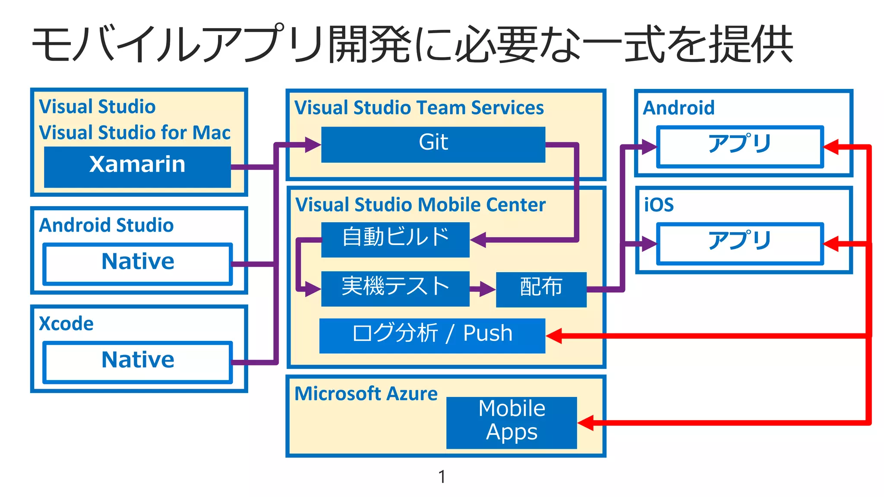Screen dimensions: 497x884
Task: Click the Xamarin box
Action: coord(137,167)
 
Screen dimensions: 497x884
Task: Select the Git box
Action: coord(433,145)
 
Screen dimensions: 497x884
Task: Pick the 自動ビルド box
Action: coord(395,240)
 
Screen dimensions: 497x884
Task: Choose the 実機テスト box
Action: coord(395,289)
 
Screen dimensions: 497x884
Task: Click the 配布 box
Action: coord(541,289)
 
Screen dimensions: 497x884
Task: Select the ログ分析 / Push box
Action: coord(432,336)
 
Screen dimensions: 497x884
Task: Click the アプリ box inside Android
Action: coord(739,147)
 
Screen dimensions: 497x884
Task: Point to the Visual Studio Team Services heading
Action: coord(419,108)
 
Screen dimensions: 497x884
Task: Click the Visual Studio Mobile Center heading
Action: coord(420,205)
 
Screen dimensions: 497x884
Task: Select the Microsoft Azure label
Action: coord(366,393)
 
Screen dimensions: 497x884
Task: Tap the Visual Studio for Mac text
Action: coord(135,132)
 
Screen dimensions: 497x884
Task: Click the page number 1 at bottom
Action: coord(442,477)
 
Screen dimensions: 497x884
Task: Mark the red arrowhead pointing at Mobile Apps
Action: coord(586,423)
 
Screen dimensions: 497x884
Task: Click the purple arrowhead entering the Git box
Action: coord(313,145)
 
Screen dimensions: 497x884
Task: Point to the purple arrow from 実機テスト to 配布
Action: coord(483,289)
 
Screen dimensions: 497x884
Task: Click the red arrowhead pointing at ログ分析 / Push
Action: coord(554,336)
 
